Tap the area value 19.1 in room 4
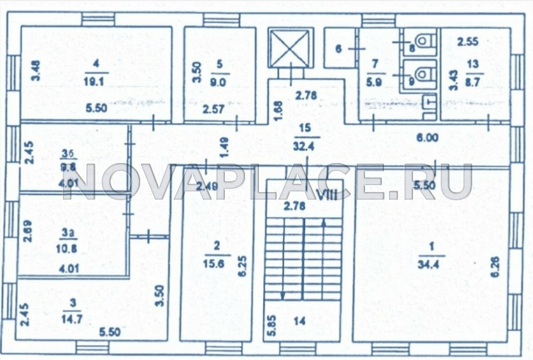(95, 80)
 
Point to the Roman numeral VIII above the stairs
(326, 194)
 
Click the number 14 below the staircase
(299, 321)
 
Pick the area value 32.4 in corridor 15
(306, 143)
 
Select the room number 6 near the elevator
(338, 47)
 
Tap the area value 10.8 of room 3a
(69, 248)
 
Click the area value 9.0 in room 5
(220, 80)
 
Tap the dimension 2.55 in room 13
(468, 42)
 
